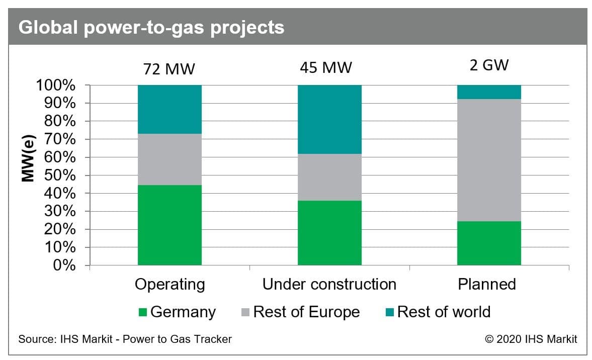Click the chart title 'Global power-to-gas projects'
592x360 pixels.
click(151, 28)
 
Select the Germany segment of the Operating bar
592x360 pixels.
click(170, 225)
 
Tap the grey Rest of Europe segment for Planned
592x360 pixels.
click(489, 160)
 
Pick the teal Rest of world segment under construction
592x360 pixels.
click(329, 119)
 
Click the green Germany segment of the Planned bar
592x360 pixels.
click(489, 243)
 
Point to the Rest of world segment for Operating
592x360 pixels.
click(170, 110)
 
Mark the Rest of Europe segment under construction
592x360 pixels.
click(329, 177)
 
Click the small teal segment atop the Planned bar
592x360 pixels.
click(489, 92)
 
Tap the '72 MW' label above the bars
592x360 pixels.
click(169, 69)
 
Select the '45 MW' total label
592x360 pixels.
click(326, 68)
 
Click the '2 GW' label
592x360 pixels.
click(489, 65)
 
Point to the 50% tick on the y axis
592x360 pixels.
click(60, 175)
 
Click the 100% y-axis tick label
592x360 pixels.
click(55, 85)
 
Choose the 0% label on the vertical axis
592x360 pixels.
click(64, 265)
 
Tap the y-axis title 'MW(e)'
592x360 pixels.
click(29, 158)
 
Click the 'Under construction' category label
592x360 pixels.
click(329, 284)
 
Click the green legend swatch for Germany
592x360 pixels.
click(143, 312)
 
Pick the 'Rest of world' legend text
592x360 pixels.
click(444, 312)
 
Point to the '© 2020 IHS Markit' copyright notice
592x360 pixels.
click(531, 339)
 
